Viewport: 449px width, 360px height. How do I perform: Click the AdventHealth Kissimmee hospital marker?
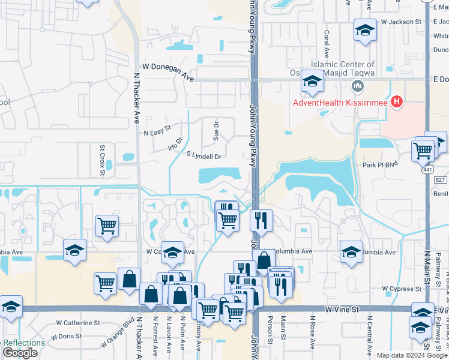point(396,103)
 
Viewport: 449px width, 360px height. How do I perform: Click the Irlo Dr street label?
point(175,145)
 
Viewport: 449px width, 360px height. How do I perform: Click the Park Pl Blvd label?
point(380,164)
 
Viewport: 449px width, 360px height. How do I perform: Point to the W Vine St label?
point(343,308)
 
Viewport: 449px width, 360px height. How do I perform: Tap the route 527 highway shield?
point(441,180)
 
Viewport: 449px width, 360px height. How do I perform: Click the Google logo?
point(20,353)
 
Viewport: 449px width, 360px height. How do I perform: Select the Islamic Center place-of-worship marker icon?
point(358,86)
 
